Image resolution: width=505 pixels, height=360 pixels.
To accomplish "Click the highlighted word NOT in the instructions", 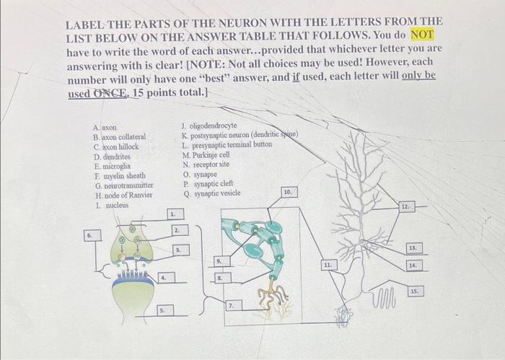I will (x=423, y=35).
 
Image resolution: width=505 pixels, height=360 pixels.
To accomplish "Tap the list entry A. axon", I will (x=105, y=127).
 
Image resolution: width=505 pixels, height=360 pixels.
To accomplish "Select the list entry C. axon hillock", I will (x=115, y=146).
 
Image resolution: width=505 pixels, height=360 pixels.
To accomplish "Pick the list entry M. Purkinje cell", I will (x=209, y=154).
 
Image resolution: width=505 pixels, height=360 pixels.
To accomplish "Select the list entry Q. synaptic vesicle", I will (x=214, y=193).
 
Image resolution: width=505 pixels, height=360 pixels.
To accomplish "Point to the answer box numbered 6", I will (x=89, y=235).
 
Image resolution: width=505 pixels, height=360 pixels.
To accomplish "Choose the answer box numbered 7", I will (x=232, y=307).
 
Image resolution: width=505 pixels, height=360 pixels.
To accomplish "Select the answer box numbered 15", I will (x=414, y=291).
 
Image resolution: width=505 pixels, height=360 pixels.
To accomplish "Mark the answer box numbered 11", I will (x=328, y=265).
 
